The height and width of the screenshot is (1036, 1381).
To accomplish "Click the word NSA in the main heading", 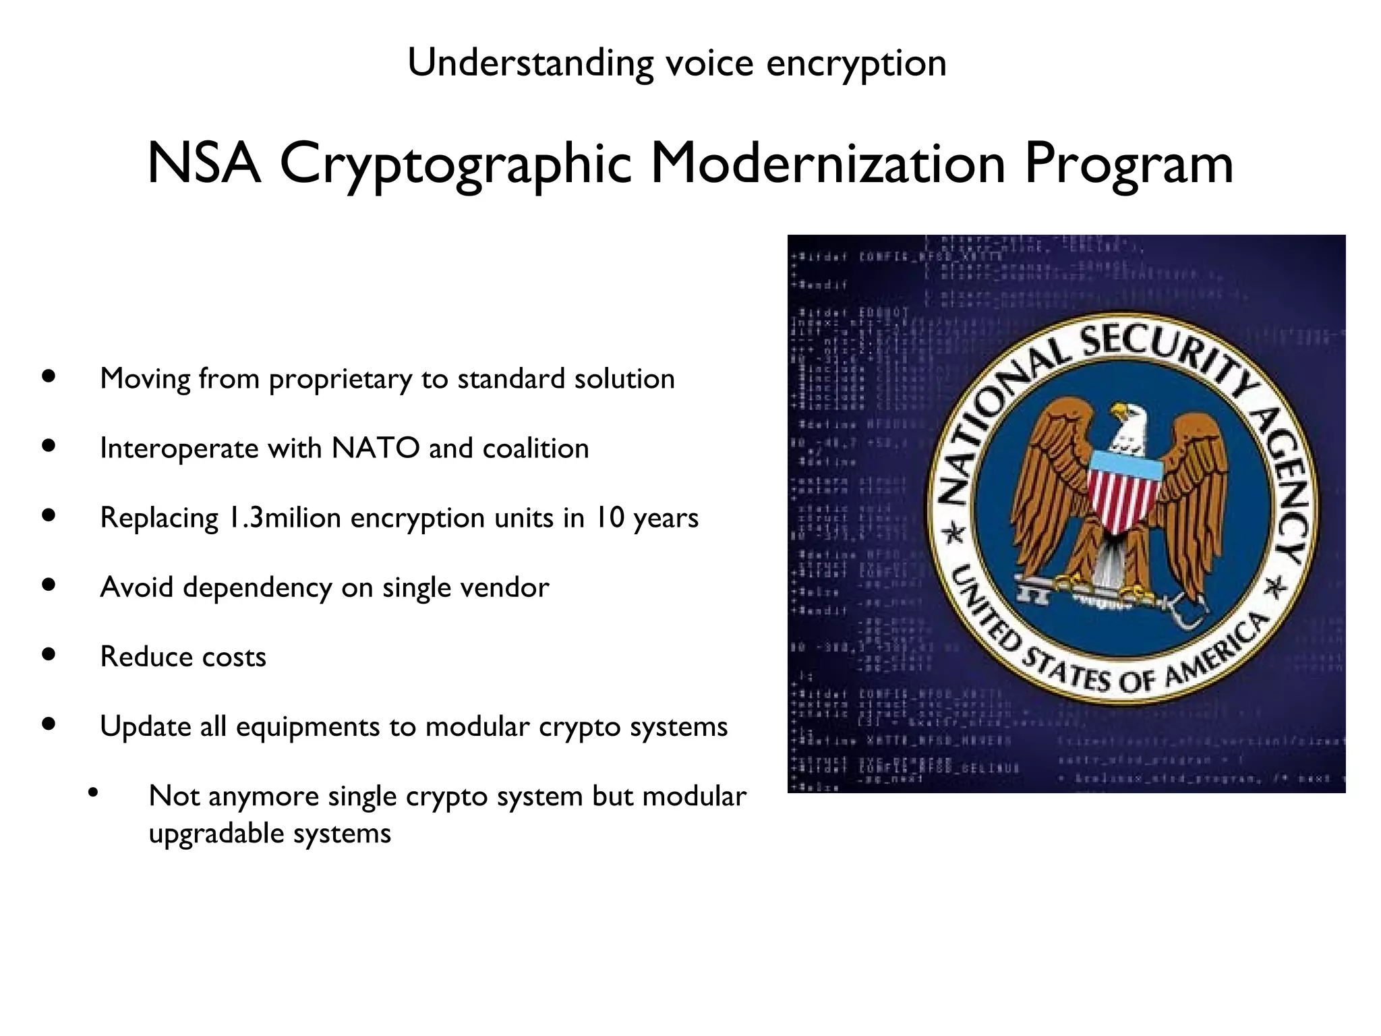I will click(204, 164).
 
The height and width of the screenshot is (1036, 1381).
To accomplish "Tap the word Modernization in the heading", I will click(827, 164).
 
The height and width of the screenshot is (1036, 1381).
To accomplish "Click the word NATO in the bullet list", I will click(375, 449).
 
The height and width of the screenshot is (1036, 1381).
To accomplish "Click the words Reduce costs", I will click(183, 657).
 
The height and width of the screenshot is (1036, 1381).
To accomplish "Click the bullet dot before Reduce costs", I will click(48, 654).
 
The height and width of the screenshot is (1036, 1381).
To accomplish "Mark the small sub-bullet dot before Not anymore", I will click(93, 792).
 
